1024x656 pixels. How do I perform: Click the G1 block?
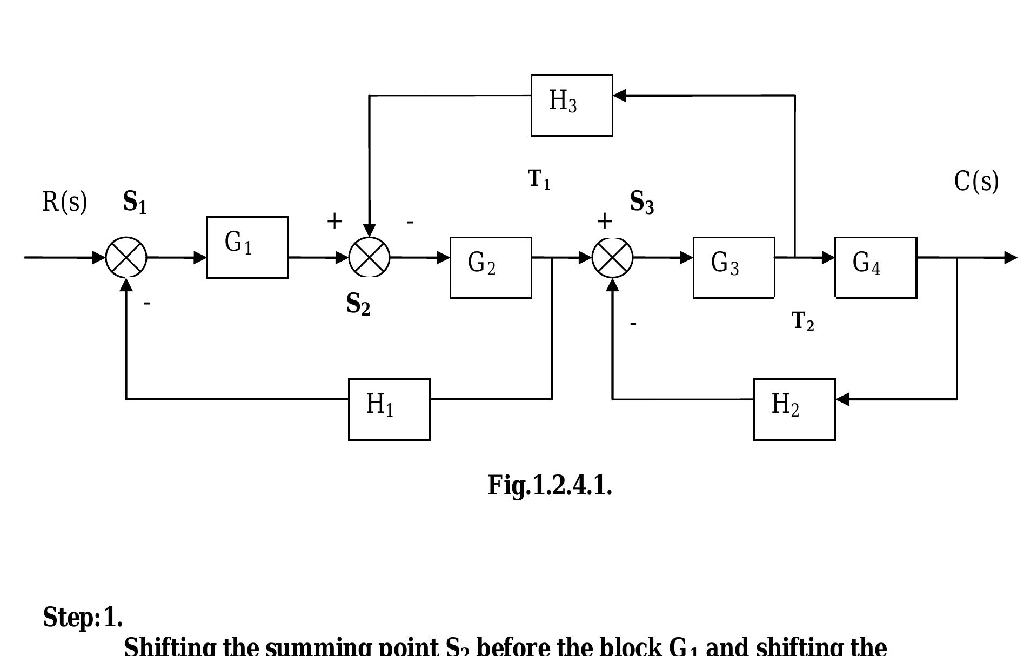(247, 247)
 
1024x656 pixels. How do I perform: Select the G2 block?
(491, 267)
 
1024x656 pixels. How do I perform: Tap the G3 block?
(734, 267)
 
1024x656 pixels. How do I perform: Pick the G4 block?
(875, 267)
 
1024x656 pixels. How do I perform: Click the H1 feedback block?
(389, 410)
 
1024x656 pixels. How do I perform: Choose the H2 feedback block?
(794, 410)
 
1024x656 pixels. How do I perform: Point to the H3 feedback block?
(572, 105)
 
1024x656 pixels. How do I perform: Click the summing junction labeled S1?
(126, 258)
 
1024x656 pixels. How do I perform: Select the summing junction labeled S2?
(370, 258)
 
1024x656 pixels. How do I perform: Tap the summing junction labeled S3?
(613, 258)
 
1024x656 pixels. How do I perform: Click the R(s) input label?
(64, 202)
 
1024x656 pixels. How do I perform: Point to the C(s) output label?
(976, 182)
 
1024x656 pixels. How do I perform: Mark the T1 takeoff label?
(539, 179)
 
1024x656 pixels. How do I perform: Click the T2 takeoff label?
(802, 322)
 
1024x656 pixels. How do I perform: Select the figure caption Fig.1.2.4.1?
(550, 485)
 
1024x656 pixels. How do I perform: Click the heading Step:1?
(83, 617)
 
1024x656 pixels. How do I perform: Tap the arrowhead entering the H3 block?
(620, 96)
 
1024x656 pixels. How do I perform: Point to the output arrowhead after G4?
(1010, 258)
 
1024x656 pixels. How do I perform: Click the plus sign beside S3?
(604, 221)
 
